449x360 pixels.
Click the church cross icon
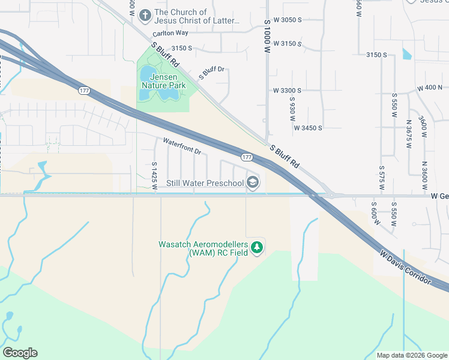click(145, 15)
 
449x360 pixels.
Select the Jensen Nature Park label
click(163, 80)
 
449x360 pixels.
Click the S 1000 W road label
click(267, 36)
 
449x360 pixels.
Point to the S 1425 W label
click(154, 175)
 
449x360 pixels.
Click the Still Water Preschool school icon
click(253, 183)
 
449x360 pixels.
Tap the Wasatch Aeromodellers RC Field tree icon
click(257, 247)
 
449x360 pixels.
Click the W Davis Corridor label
click(405, 267)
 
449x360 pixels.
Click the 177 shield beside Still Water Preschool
click(247, 157)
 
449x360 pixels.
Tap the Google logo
click(20, 353)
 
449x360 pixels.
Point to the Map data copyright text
click(411, 355)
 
